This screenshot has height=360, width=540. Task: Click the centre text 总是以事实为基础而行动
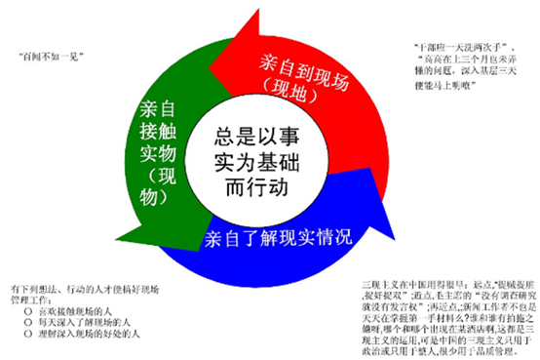coord(251,161)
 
